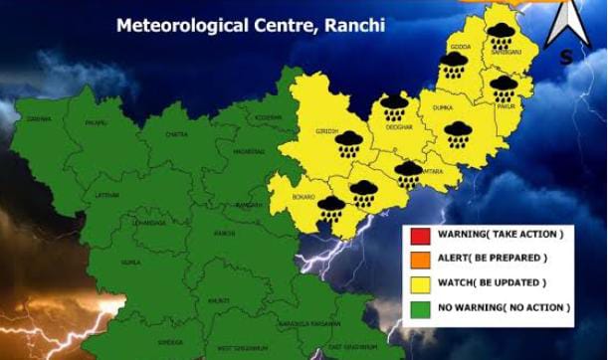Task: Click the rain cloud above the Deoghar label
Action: point(394,105)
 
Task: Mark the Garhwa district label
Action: point(39,119)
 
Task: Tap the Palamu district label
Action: point(97,123)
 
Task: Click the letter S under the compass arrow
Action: point(566,57)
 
